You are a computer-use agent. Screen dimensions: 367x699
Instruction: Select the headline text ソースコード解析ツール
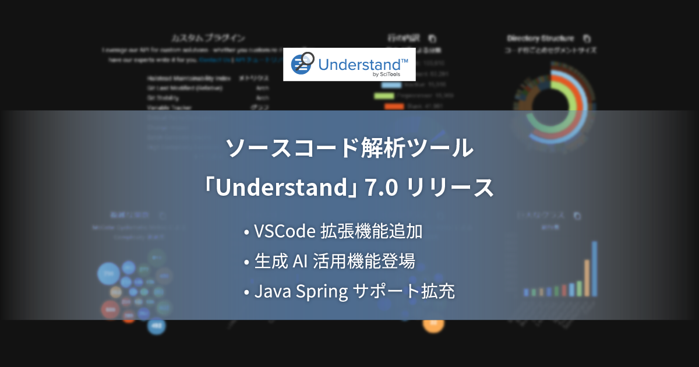tap(349, 150)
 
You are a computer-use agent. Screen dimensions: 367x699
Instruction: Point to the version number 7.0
tap(381, 188)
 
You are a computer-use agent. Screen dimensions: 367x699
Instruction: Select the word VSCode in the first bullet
tap(285, 232)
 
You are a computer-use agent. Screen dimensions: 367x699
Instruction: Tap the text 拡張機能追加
tap(372, 232)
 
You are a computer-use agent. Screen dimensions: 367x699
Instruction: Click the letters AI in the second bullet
tap(300, 262)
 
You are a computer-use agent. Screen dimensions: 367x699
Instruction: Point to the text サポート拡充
tap(404, 291)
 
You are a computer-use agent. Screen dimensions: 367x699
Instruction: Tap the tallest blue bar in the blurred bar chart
tap(595, 268)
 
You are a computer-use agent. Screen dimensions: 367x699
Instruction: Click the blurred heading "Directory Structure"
tap(541, 38)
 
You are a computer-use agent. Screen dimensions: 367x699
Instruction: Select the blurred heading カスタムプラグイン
tap(208, 38)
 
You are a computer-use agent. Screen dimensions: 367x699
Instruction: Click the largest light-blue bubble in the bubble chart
tap(108, 273)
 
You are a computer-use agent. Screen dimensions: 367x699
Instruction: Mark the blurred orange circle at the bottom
tap(433, 323)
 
